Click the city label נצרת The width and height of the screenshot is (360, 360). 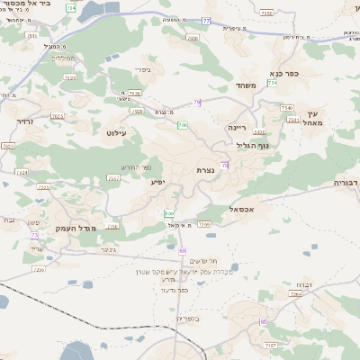click(204, 169)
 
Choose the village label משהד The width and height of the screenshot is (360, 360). click(247, 85)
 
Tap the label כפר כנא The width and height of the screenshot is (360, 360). click(284, 75)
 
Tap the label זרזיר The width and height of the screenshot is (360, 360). click(24, 119)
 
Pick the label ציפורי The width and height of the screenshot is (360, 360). click(142, 68)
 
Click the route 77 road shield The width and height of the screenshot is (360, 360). click(206, 20)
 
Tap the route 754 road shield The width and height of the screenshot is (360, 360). click(272, 83)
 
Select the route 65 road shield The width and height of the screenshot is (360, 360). click(264, 321)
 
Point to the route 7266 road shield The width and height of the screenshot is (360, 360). click(204, 224)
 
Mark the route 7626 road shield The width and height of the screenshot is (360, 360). click(135, 92)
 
